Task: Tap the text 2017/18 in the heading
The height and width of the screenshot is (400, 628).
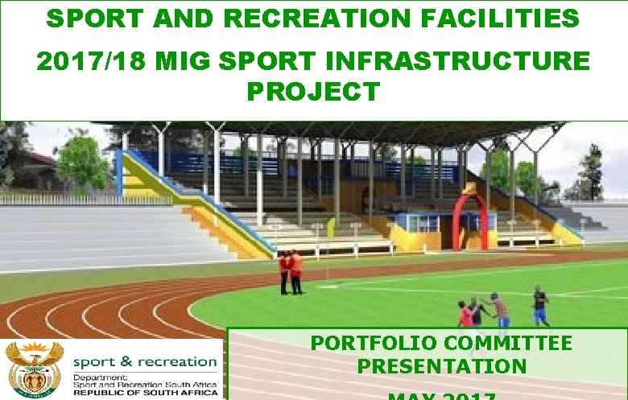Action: [x=83, y=61]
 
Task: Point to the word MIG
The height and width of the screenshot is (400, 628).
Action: [x=171, y=61]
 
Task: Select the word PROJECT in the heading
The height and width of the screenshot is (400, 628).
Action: [x=312, y=92]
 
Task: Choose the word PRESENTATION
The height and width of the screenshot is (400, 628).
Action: [x=441, y=367]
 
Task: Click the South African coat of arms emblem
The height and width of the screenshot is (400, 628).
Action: [x=34, y=369]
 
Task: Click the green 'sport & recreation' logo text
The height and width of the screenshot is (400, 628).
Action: [x=145, y=362]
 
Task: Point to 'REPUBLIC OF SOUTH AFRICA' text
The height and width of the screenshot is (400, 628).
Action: [x=145, y=392]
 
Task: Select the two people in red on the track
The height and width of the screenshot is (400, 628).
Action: [x=291, y=271]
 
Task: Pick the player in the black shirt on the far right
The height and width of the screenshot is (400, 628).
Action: [x=540, y=305]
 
